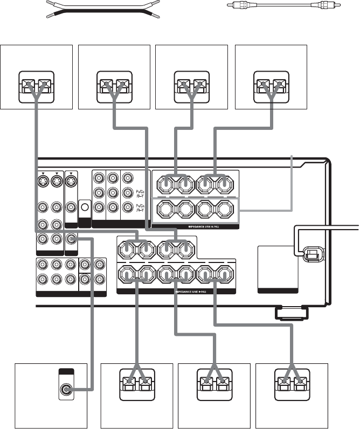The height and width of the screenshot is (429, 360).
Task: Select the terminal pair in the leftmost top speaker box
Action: coord(36,85)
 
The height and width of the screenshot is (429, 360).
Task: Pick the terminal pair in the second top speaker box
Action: coord(114,85)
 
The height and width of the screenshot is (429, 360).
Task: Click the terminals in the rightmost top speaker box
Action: coord(269,85)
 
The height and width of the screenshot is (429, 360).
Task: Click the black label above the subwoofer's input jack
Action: coord(66,371)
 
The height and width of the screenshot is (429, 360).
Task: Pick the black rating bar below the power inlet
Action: coord(278,290)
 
